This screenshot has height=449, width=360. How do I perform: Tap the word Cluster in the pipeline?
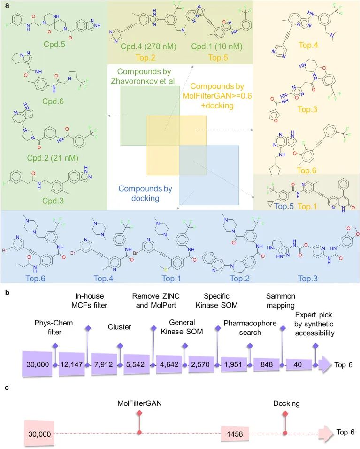tap(120, 327)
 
